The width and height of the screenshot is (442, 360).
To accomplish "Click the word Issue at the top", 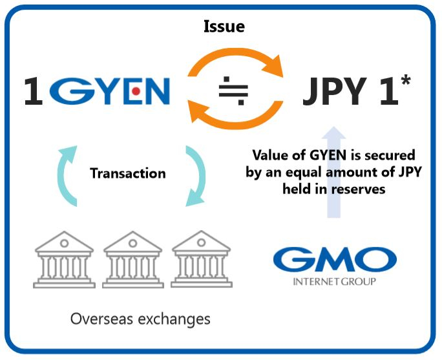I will pos(224,26).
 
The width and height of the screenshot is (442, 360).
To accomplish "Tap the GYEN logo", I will pos(110,92).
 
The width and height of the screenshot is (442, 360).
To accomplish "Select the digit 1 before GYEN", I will pos(34,92).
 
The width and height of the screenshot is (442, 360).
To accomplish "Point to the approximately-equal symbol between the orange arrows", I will pos(233,92).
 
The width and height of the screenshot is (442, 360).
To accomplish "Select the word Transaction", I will pos(127,173).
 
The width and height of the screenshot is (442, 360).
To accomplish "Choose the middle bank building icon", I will pos(132,261).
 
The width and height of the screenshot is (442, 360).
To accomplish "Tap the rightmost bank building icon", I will pos(201,261).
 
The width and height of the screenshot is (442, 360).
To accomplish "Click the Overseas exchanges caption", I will pos(140,319).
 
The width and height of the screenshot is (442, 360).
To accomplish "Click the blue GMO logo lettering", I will pos(334,260).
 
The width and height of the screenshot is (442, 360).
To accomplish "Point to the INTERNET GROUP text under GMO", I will pos(334,282).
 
